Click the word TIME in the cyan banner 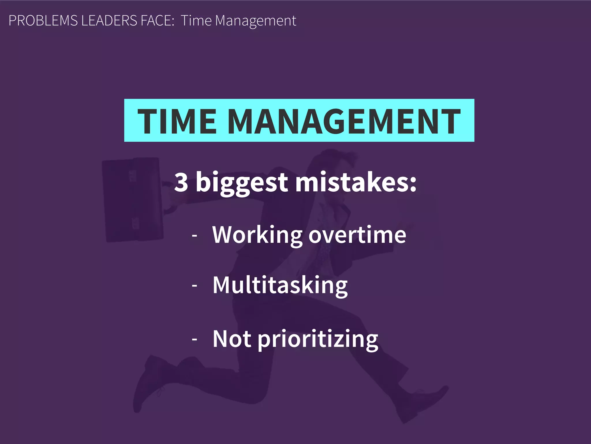click(177, 121)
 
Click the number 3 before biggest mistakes click(181, 182)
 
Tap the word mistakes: click(356, 182)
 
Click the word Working click(257, 235)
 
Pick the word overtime click(357, 235)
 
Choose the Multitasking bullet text click(280, 285)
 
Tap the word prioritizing click(318, 339)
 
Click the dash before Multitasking click(194, 286)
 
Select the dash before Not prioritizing click(194, 339)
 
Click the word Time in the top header click(196, 21)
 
